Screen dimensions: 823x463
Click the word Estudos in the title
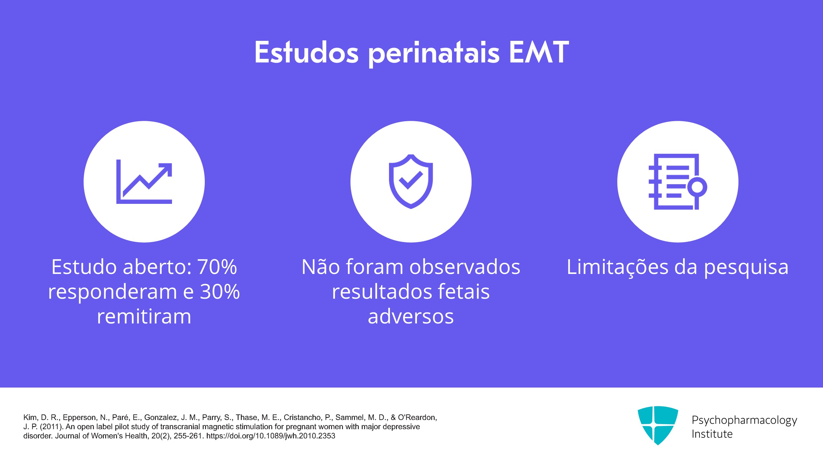coord(306,52)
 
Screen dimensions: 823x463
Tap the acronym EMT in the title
coord(539,52)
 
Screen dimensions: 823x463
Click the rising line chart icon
coord(144,182)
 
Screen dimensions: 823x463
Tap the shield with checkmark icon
coord(411,182)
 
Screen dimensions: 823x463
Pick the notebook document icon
coord(678,182)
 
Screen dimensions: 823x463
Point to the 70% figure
coord(217,267)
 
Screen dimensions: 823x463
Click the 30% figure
coord(220,292)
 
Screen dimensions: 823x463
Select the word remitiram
coord(144,316)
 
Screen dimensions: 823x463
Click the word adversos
coord(411,316)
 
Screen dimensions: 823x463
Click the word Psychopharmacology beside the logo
coord(744,421)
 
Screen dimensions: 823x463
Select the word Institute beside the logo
coord(712,434)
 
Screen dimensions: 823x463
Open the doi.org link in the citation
coord(271,436)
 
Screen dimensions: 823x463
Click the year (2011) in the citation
coord(51,427)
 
